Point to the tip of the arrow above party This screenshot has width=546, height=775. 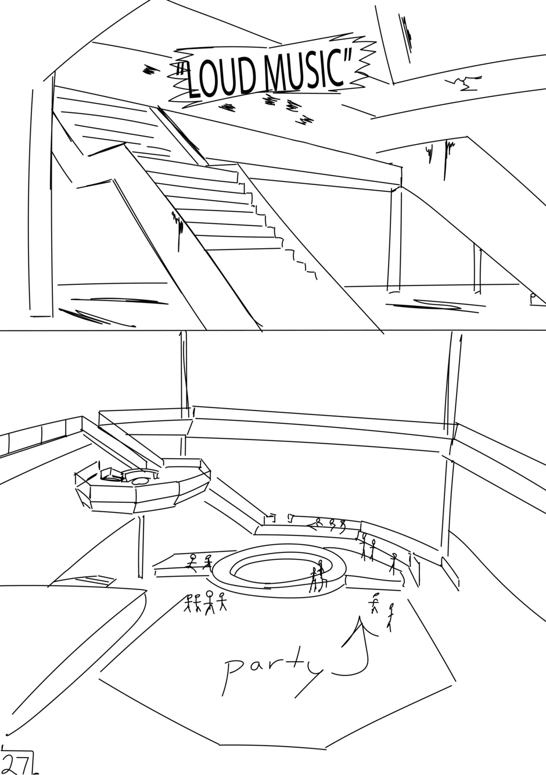coord(361,617)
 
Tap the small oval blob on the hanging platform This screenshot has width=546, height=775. coord(139,481)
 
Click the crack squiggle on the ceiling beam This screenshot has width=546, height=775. coord(463,83)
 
